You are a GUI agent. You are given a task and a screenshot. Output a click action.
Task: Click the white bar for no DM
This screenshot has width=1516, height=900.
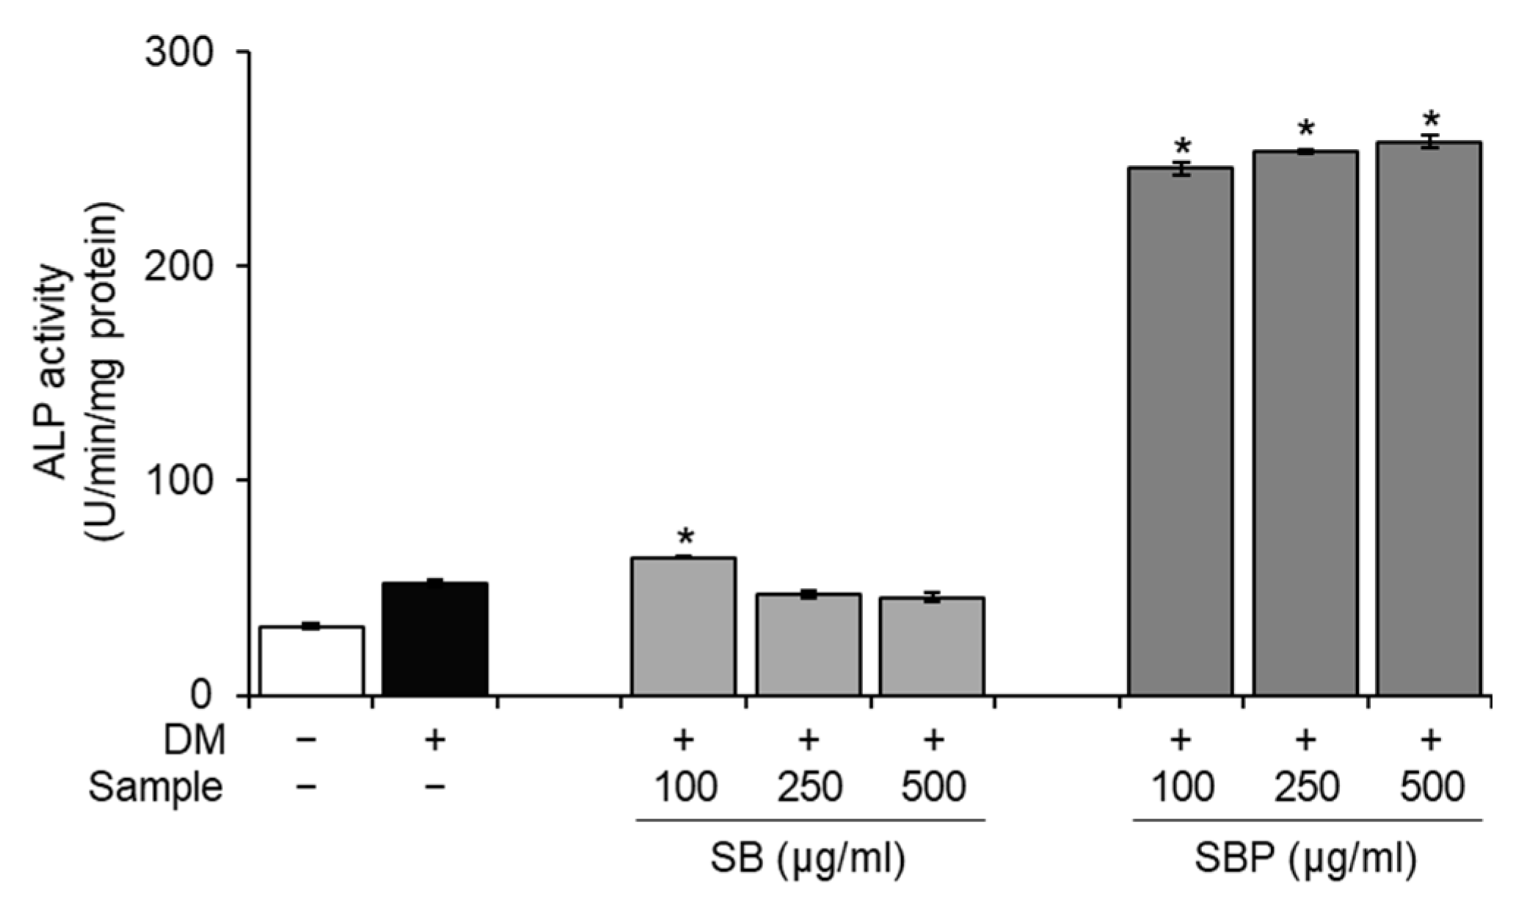point(312,661)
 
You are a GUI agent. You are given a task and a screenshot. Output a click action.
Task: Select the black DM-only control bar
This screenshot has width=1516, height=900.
point(435,639)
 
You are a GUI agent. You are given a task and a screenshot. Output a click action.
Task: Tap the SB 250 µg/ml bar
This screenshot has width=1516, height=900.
point(808,645)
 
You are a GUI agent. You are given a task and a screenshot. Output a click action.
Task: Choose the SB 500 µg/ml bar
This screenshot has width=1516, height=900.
point(932,646)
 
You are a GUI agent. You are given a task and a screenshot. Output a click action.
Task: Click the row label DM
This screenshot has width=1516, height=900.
point(194,741)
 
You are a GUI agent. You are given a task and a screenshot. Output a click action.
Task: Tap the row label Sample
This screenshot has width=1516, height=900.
point(155,788)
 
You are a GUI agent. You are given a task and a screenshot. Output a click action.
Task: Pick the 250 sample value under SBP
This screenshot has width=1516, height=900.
point(1306,788)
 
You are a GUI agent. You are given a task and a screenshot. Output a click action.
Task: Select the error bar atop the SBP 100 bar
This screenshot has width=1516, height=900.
point(1180,170)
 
